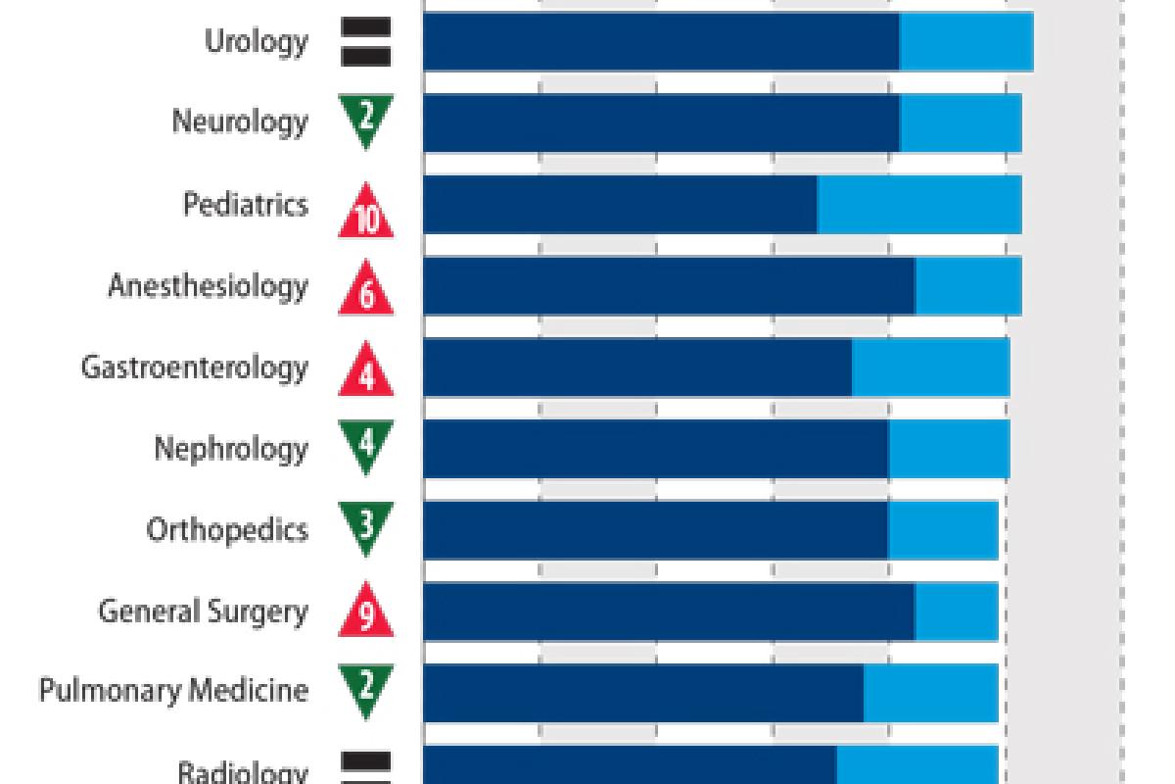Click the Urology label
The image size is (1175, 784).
(x=256, y=42)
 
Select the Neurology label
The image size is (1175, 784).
(x=240, y=122)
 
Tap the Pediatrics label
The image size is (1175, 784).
(x=246, y=205)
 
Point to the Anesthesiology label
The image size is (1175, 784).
(x=208, y=286)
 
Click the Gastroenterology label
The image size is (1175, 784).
(x=194, y=367)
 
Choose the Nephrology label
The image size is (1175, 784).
(x=230, y=449)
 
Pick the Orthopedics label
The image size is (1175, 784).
(x=227, y=530)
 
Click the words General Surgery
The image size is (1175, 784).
(x=203, y=612)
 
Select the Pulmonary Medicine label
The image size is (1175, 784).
(x=173, y=691)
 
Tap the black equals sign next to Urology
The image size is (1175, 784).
(x=366, y=42)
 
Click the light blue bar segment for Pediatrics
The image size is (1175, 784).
(x=919, y=205)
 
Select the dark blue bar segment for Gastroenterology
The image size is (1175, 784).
(x=637, y=367)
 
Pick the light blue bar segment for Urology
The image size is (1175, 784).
(x=966, y=42)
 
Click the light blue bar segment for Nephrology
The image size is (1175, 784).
(x=949, y=449)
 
